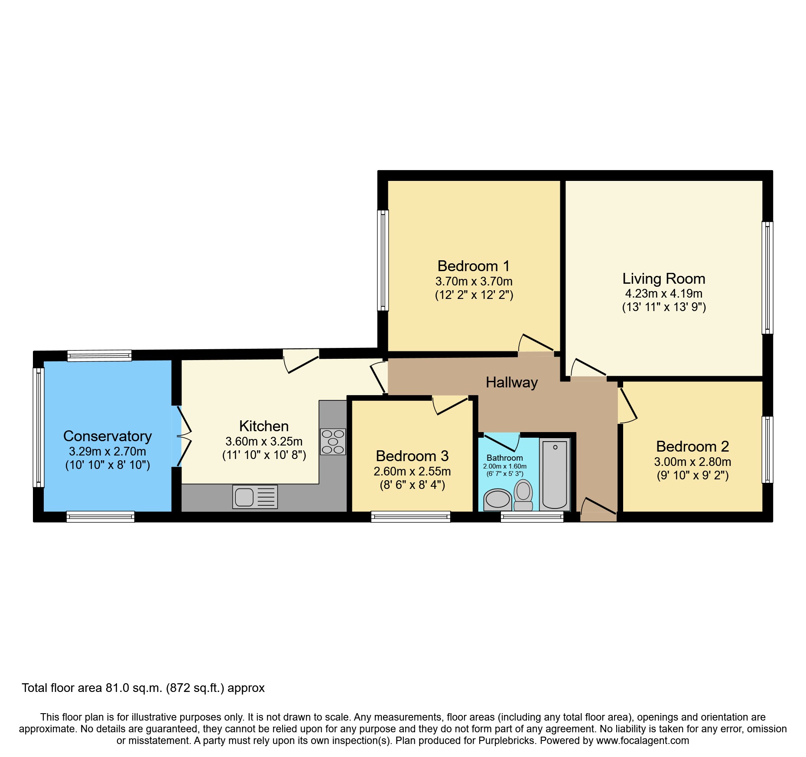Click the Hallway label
coord(511,382)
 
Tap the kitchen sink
coord(255,497)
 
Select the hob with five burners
coord(333,442)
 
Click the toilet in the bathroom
coord(523,495)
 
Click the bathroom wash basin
coord(497,499)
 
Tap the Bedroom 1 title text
coord(473,265)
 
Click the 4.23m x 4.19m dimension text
coord(663,293)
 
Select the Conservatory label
coord(107,436)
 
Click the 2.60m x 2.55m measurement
coord(412,471)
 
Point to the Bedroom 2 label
coord(692,446)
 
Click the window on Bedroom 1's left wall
coord(383,260)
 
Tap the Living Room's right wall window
coord(767,278)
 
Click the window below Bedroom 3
coord(410,516)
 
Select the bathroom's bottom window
coord(532,516)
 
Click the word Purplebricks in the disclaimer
coord(507,741)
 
